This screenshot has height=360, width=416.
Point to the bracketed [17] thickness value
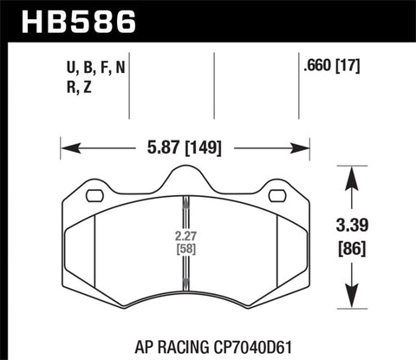pyautogui.click(x=349, y=63)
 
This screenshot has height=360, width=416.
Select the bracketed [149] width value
pyautogui.click(x=202, y=148)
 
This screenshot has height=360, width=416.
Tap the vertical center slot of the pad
pyautogui.click(x=185, y=247)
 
